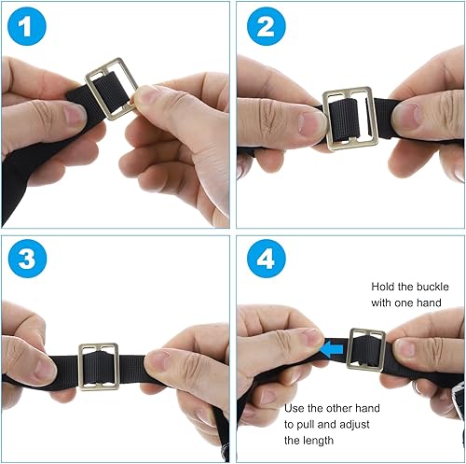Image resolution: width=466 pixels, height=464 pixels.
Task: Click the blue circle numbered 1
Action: [x=27, y=26]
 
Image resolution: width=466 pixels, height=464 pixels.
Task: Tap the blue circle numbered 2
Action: [x=266, y=26]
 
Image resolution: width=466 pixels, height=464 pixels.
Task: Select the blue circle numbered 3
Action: [x=27, y=259]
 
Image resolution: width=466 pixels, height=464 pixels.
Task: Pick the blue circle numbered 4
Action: [x=267, y=259]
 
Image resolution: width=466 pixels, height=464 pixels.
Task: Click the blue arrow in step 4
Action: [x=332, y=350]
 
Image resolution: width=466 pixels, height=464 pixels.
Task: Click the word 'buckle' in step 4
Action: [x=432, y=287]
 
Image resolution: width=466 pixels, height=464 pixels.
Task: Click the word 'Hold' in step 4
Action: [x=382, y=287]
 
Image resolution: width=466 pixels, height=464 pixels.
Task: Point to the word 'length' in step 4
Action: [x=318, y=441]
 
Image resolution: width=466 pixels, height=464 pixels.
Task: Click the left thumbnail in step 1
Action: [x=75, y=114]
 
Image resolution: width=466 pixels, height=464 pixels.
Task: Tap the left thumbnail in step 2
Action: [x=311, y=123]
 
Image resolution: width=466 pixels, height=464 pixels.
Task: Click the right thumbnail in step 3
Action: [x=158, y=361]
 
